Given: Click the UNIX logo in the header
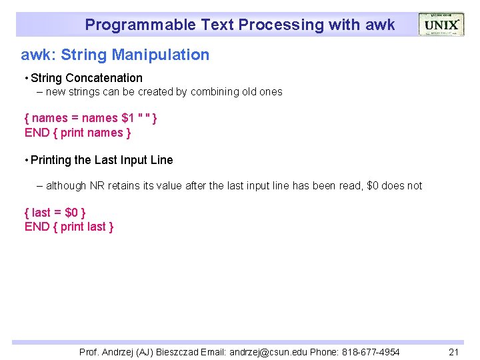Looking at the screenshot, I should [x=441, y=25].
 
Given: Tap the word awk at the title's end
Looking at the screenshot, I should [x=380, y=25].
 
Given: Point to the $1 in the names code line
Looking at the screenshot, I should [x=127, y=118].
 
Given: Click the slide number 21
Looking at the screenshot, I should [x=454, y=352].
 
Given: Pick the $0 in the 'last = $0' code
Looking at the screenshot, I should [x=71, y=213].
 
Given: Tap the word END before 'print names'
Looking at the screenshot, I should [x=37, y=133].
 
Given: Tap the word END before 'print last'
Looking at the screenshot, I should [x=37, y=227].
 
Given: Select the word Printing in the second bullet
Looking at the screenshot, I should [x=52, y=160].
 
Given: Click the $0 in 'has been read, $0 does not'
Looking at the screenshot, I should [x=373, y=186].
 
